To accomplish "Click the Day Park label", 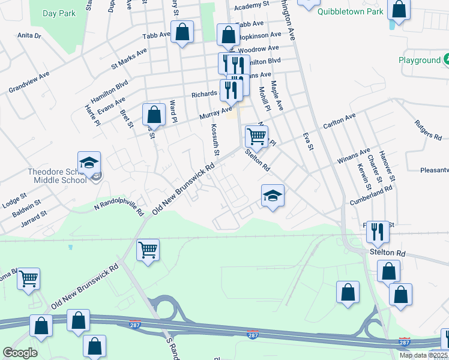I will click(59, 13).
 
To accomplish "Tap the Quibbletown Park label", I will click(351, 11).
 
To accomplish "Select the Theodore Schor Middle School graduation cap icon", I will click(89, 163).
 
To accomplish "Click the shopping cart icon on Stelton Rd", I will click(256, 137).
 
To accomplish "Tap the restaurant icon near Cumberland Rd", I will click(378, 232).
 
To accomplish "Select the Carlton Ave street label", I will click(339, 120).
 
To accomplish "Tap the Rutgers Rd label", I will click(427, 130).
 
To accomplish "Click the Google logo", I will click(20, 353).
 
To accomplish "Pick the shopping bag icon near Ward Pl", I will click(154, 115).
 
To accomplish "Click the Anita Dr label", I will click(29, 36).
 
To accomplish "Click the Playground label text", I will click(420, 61).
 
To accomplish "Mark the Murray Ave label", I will click(218, 114).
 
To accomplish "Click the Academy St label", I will click(252, 5).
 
